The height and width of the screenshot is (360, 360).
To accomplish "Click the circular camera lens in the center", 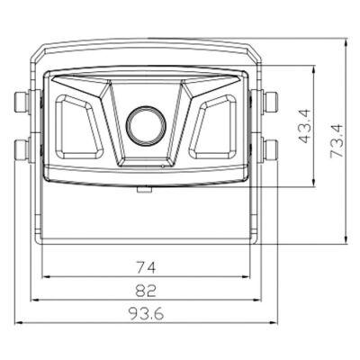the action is click(x=146, y=125).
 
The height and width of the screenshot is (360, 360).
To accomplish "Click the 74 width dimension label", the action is click(x=146, y=267).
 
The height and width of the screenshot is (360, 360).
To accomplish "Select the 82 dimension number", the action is click(x=146, y=291).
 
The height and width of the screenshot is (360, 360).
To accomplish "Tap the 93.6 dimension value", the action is click(x=147, y=314).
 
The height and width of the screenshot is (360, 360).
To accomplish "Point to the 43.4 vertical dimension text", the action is click(x=305, y=126).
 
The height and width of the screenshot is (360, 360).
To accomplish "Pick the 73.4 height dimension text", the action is click(x=337, y=140).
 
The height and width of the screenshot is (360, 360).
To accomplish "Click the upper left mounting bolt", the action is click(x=22, y=102).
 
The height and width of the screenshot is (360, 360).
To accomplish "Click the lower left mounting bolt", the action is click(x=22, y=149).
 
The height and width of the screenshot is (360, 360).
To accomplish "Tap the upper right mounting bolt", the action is click(x=271, y=102).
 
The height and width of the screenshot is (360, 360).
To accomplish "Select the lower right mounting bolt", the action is click(x=271, y=149).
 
